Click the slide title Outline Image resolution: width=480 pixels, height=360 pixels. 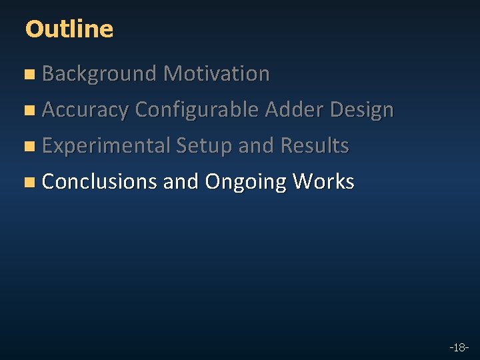(69, 29)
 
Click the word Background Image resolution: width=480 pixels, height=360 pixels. (99, 74)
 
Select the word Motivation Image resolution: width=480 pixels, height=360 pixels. (217, 74)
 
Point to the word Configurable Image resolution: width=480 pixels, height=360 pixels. (197, 110)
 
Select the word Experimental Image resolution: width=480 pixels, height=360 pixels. (106, 146)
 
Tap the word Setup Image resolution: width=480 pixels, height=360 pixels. (204, 146)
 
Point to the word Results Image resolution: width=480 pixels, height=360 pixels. (315, 146)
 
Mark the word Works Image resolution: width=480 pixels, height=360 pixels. (323, 181)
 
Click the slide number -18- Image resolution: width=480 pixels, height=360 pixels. (459, 347)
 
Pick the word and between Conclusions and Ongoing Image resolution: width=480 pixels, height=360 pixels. (181, 181)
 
